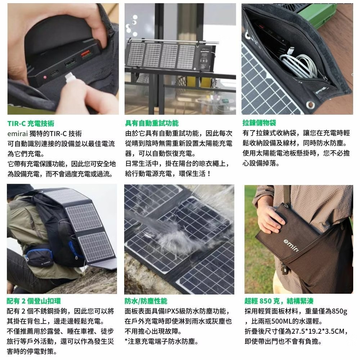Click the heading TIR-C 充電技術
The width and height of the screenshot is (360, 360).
(x=31, y=123)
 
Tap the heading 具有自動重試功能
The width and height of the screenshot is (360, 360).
(x=152, y=123)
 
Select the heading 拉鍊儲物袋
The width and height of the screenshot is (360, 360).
(x=259, y=123)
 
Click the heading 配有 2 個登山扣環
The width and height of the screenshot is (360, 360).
(x=34, y=301)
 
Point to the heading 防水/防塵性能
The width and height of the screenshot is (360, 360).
(x=146, y=301)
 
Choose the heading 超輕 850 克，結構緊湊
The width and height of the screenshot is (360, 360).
(x=279, y=301)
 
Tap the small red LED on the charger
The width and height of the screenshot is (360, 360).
(x=45, y=77)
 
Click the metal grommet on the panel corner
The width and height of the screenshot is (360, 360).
(x=310, y=105)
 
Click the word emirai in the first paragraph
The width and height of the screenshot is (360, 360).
(x=17, y=134)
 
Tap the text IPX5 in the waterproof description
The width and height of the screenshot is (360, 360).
(x=172, y=311)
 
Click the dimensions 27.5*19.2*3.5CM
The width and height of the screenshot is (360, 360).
(x=318, y=331)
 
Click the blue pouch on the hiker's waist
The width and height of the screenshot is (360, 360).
(x=39, y=257)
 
